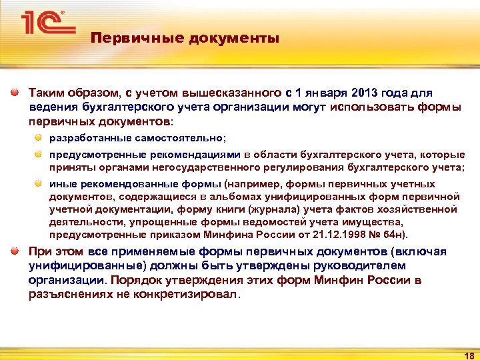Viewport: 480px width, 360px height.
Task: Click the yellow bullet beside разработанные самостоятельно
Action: coord(39,137)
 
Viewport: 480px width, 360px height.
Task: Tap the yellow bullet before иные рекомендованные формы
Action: coord(39,184)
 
